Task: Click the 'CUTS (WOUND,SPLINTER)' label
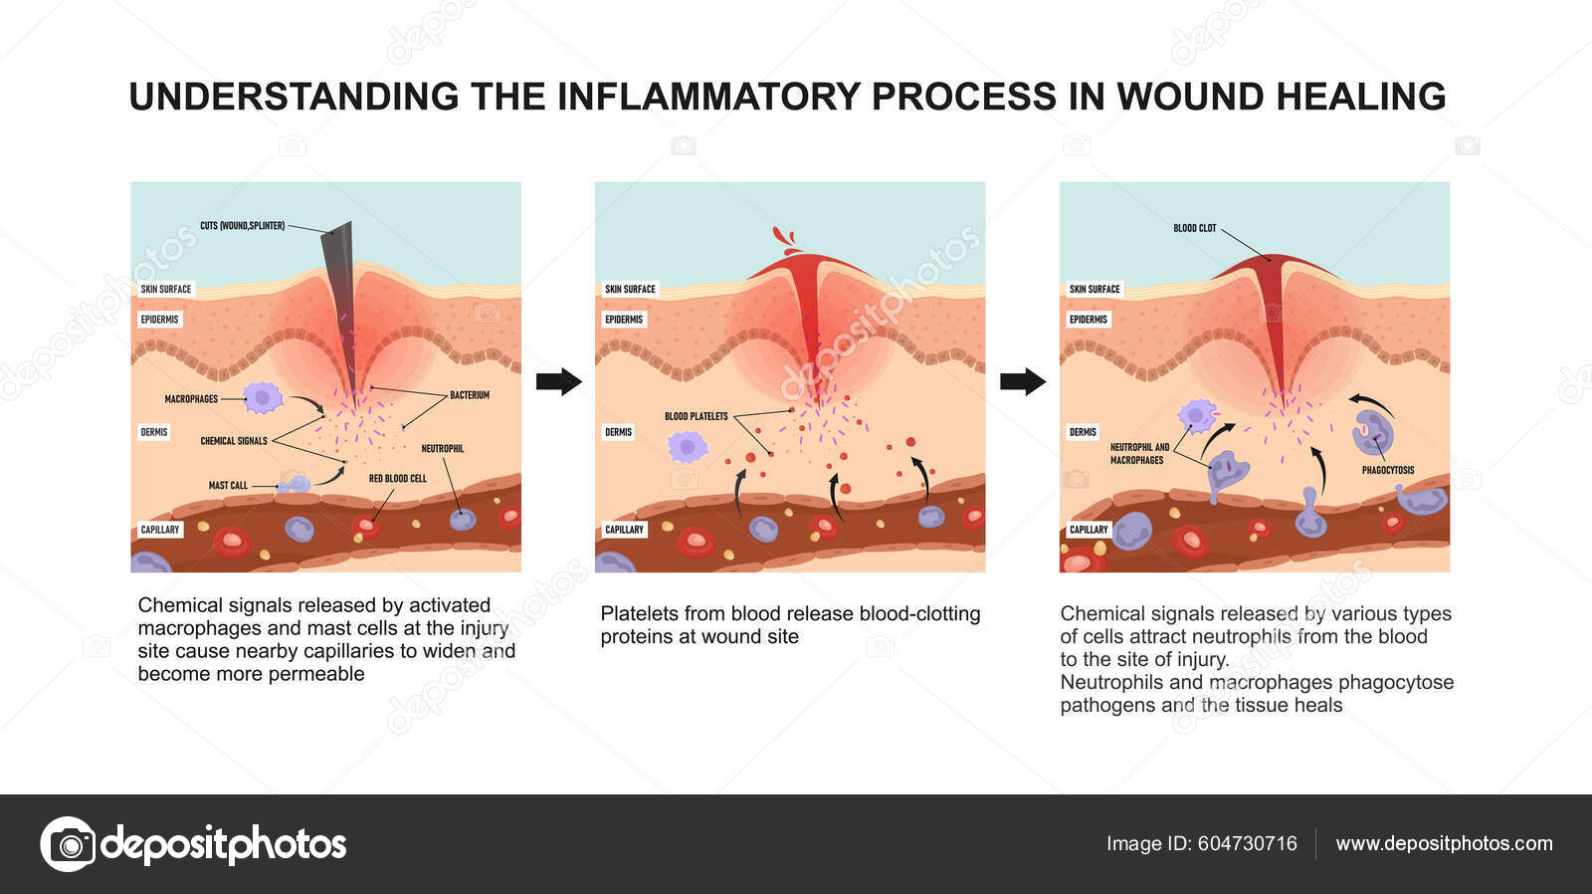coord(242,226)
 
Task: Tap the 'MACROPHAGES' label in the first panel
coord(191,399)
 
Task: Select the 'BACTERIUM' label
coord(469,395)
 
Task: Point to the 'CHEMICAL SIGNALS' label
coord(234,441)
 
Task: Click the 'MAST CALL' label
coord(228,486)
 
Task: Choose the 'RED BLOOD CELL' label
coord(397,479)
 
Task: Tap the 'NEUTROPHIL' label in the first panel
coord(442,449)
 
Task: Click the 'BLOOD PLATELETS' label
coord(696,416)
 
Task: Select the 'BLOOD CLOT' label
coord(1194,228)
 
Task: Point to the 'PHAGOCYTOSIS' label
coord(1387,470)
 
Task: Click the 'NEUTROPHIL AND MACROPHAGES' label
coord(1138,454)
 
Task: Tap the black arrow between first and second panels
coord(558,381)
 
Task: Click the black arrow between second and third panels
coord(1023,381)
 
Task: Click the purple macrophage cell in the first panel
coord(264,397)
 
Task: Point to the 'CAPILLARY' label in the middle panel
coord(624,530)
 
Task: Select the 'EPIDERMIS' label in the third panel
coord(1088,320)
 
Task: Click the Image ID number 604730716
coord(1247,843)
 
